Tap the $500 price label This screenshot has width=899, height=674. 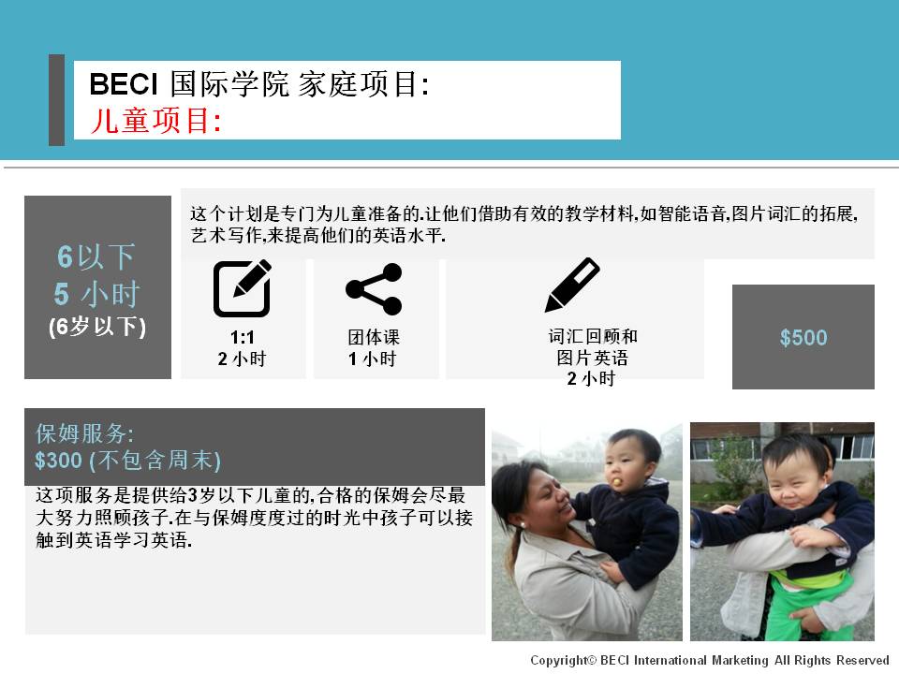pyautogui.click(x=803, y=338)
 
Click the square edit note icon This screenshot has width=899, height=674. pyautogui.click(x=242, y=288)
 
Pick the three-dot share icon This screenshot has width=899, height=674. pyautogui.click(x=374, y=289)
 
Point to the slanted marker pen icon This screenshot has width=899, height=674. pyautogui.click(x=571, y=285)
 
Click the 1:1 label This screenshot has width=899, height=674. pyautogui.click(x=242, y=336)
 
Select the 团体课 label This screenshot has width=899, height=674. pyautogui.click(x=374, y=336)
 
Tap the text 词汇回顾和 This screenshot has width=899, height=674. pyautogui.click(x=593, y=336)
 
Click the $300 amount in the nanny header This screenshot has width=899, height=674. pyautogui.click(x=58, y=460)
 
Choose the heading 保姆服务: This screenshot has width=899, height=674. pyautogui.click(x=85, y=433)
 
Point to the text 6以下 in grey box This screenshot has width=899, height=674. pyautogui.click(x=96, y=256)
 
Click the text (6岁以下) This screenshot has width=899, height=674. pyautogui.click(x=97, y=327)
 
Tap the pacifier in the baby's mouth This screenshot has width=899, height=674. pyautogui.click(x=617, y=481)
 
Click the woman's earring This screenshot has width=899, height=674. pyautogui.click(x=523, y=524)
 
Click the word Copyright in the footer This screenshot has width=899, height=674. pyautogui.click(x=560, y=660)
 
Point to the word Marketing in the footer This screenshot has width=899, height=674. pyautogui.click(x=740, y=660)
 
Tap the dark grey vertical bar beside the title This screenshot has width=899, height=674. pyautogui.click(x=57, y=100)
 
